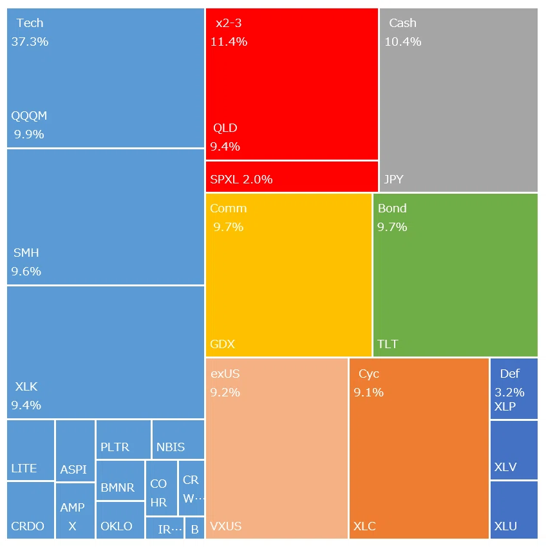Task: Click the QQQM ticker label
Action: (x=29, y=115)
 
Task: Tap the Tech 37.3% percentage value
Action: (x=30, y=42)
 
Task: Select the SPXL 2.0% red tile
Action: (x=292, y=176)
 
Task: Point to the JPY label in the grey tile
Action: (x=394, y=180)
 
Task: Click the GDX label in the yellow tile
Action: (x=222, y=344)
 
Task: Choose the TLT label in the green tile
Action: (x=388, y=344)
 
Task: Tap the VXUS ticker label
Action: (x=225, y=526)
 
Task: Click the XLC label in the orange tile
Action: (x=364, y=526)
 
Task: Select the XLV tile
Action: (x=514, y=450)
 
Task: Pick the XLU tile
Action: (x=514, y=510)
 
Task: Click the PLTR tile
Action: (x=124, y=440)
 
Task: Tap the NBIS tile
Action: (x=178, y=440)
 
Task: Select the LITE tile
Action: (x=31, y=450)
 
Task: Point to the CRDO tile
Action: (x=31, y=510)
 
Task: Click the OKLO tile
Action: (x=120, y=520)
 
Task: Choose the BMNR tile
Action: (x=120, y=480)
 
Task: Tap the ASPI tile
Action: (x=75, y=450)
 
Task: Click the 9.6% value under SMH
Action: (x=26, y=271)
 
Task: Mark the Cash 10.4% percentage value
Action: (x=403, y=42)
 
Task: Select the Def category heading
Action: (x=510, y=374)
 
